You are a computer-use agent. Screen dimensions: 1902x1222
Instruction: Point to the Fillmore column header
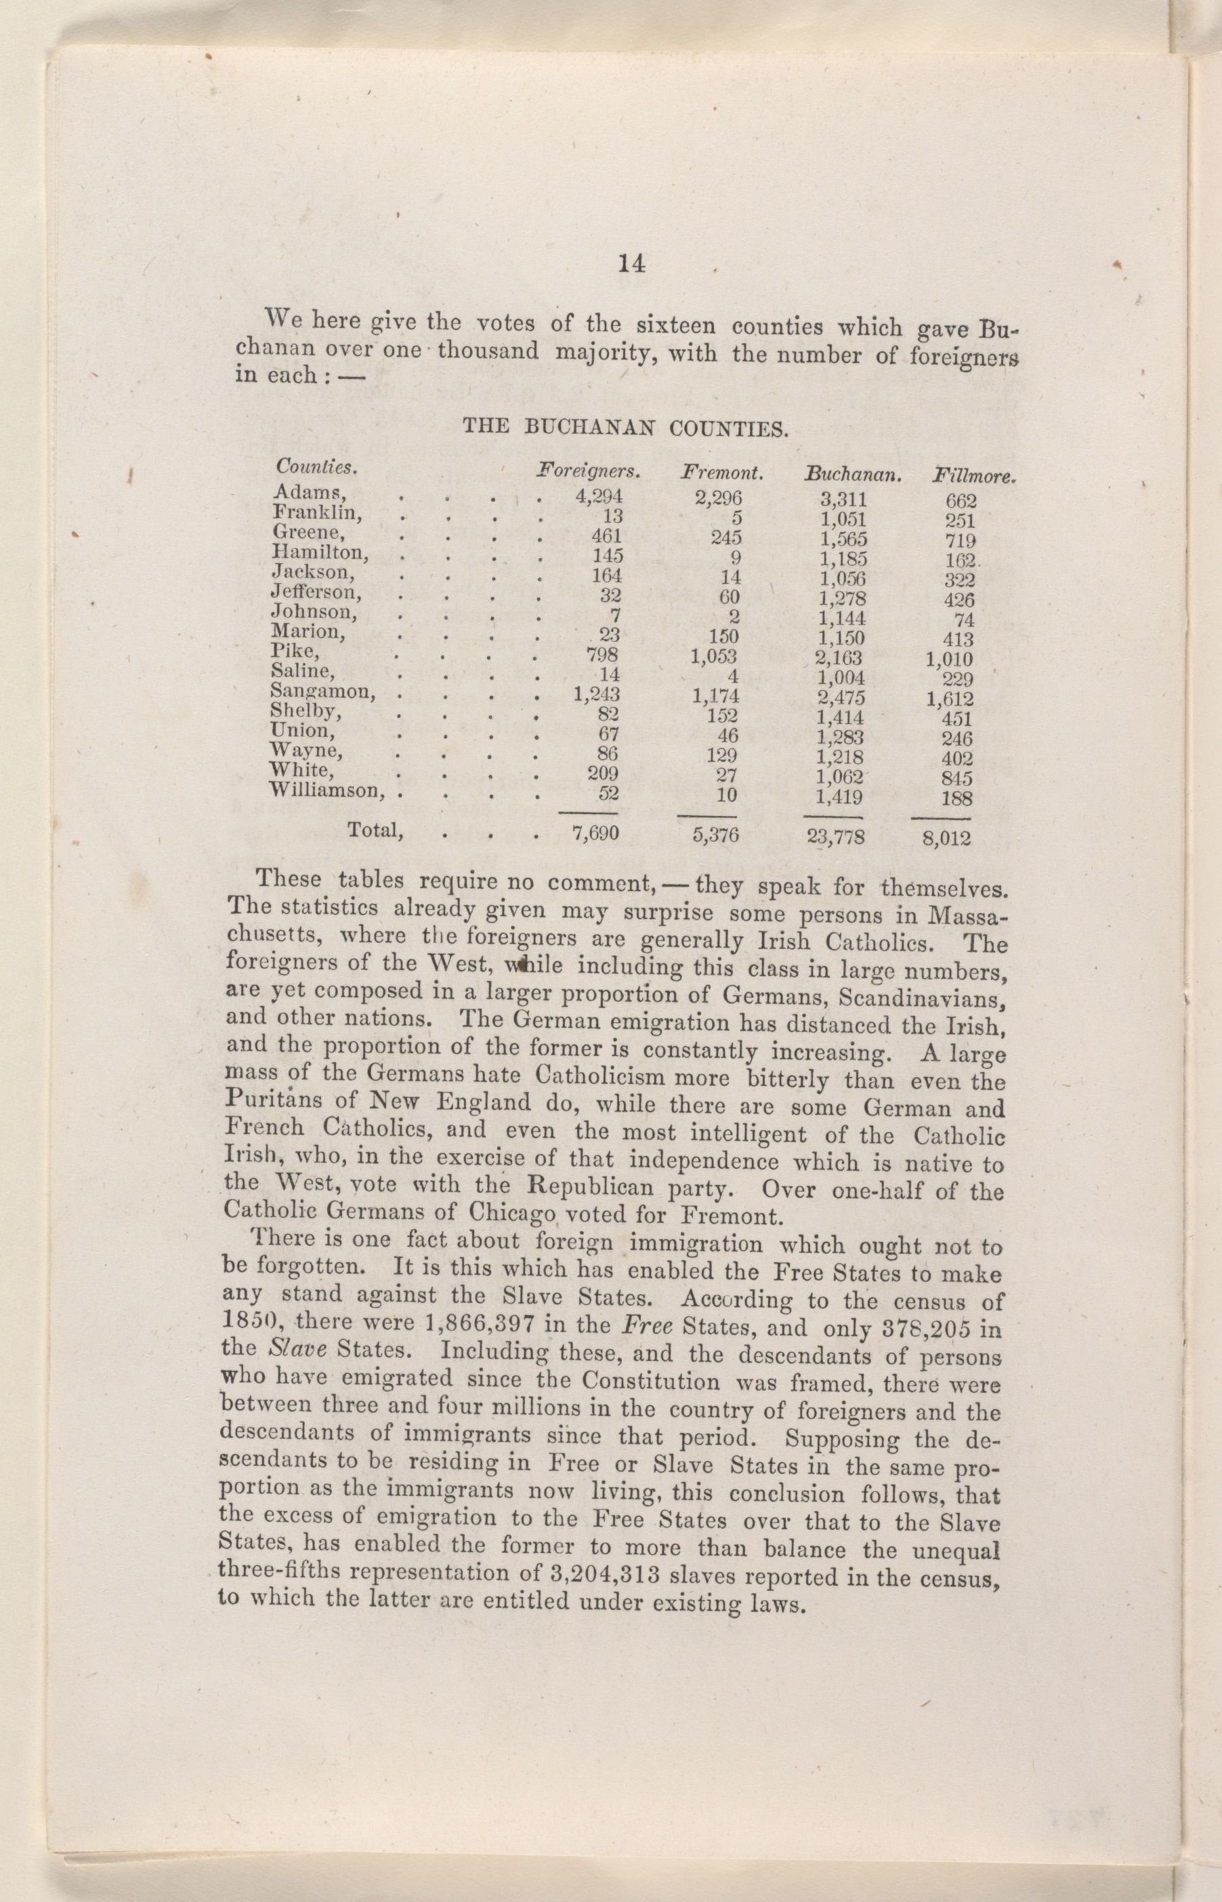point(975,479)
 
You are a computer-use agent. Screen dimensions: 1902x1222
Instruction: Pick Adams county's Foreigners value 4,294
point(597,497)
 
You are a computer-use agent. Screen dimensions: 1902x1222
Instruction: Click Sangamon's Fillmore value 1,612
point(949,700)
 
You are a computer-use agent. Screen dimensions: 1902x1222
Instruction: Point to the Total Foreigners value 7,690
point(595,834)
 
